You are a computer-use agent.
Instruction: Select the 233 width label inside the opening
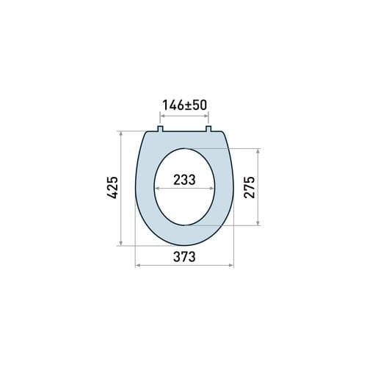pos(184,180)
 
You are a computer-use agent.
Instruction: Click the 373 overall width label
pos(184,256)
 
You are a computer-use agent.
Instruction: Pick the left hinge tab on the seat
pos(160,131)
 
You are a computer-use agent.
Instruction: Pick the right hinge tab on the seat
pos(209,131)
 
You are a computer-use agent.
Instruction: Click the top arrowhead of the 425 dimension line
pos(119,133)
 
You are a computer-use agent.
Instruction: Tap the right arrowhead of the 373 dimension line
pos(232,266)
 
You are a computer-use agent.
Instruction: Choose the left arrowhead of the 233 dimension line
pos(156,188)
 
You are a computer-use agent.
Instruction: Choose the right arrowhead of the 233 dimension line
pos(214,188)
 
